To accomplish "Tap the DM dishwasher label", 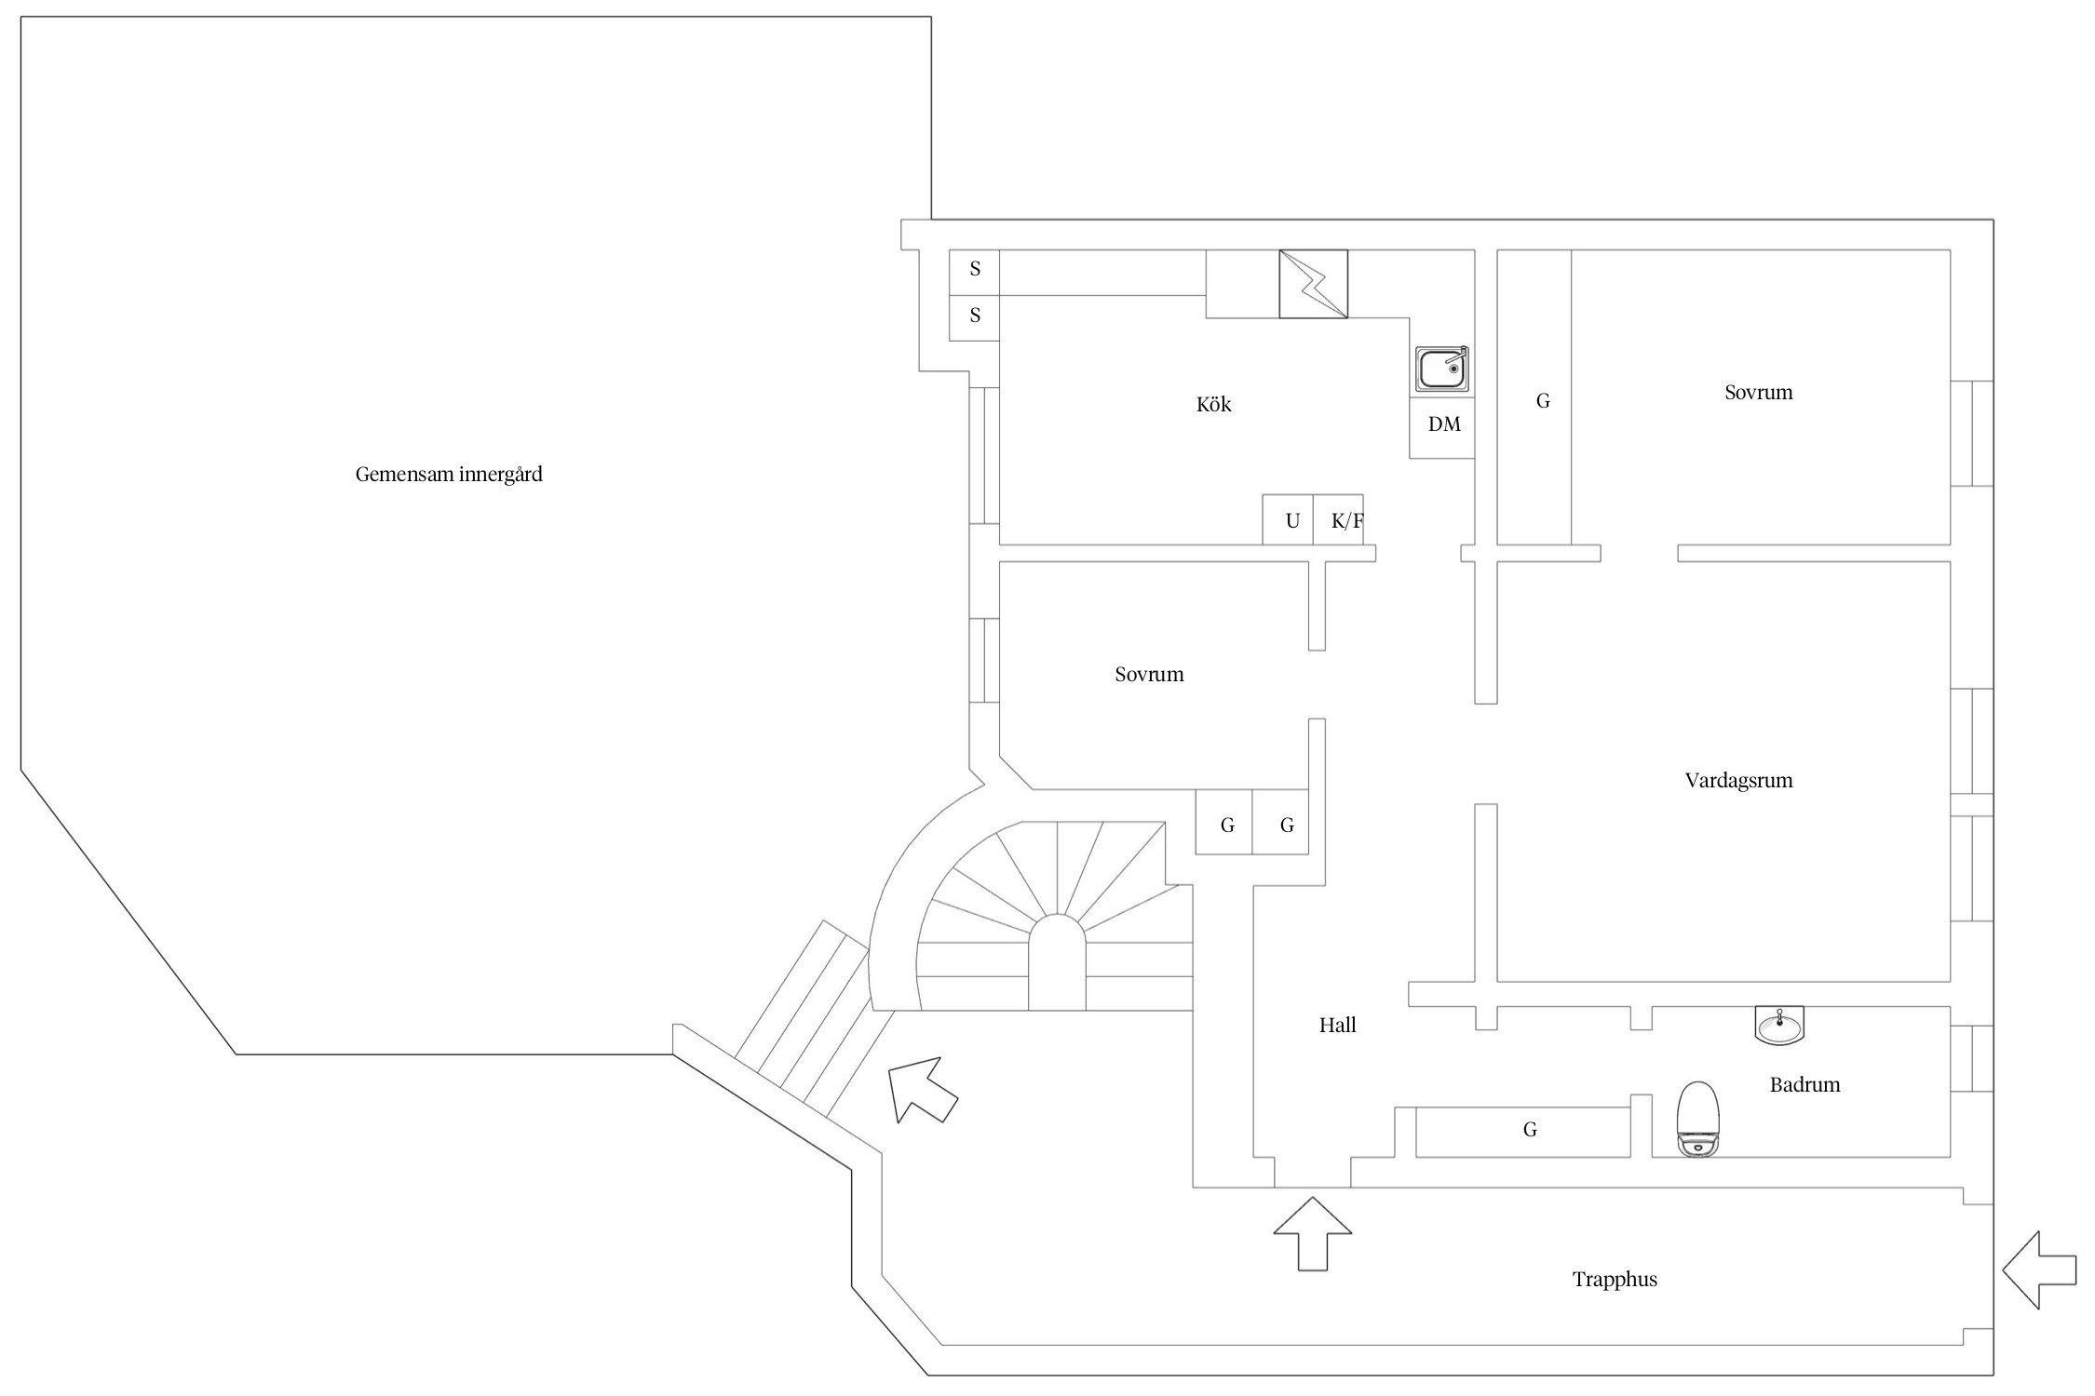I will pos(1444,424).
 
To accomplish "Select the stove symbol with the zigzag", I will pos(1313,284).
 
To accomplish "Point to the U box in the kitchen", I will pos(1291,520).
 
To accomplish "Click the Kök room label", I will pos(1214,404).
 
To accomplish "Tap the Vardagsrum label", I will pos(1738,780).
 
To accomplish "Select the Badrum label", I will pos(1804,1084).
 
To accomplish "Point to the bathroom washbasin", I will pos(1779,1027).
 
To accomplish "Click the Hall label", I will pos(1337,1026).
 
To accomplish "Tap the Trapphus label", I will pos(1615,1280).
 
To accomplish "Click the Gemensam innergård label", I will pos(449,475).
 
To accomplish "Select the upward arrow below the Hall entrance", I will pos(1312,1233).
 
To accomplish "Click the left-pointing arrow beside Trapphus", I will pos(2038,1269).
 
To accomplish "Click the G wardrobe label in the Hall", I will pos(1530,1130).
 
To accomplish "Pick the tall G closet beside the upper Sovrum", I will pos(1543,400).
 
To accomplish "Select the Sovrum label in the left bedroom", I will pos(1149,674).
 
